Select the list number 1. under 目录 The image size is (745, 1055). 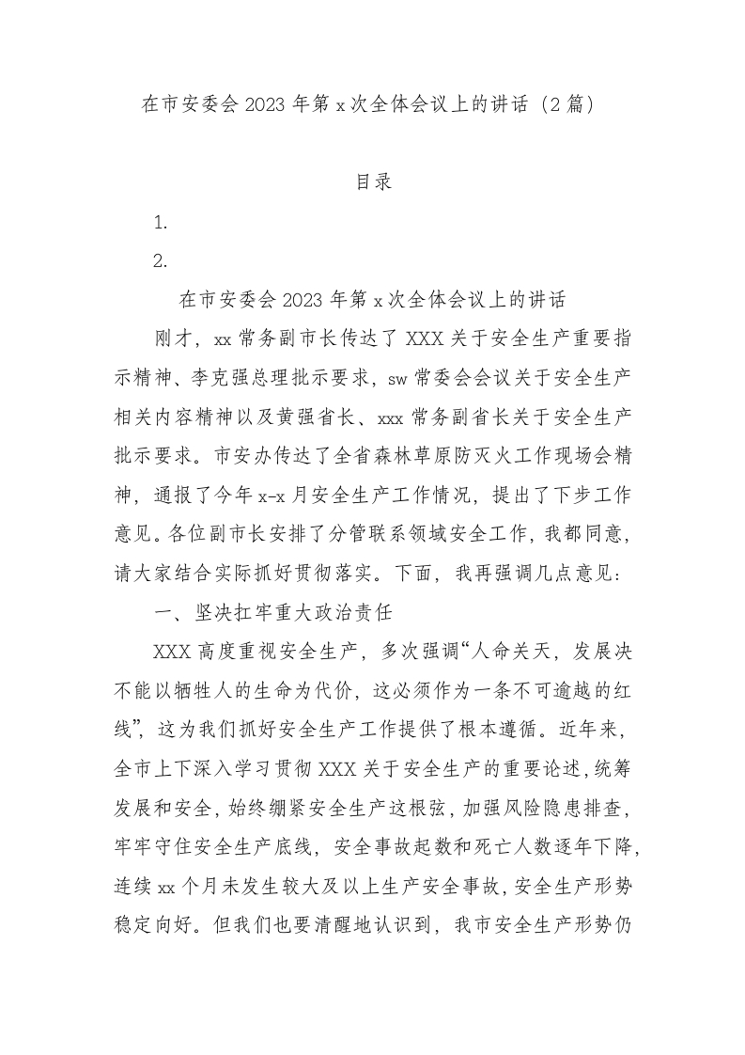(161, 223)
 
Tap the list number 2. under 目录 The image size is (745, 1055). (161, 262)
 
